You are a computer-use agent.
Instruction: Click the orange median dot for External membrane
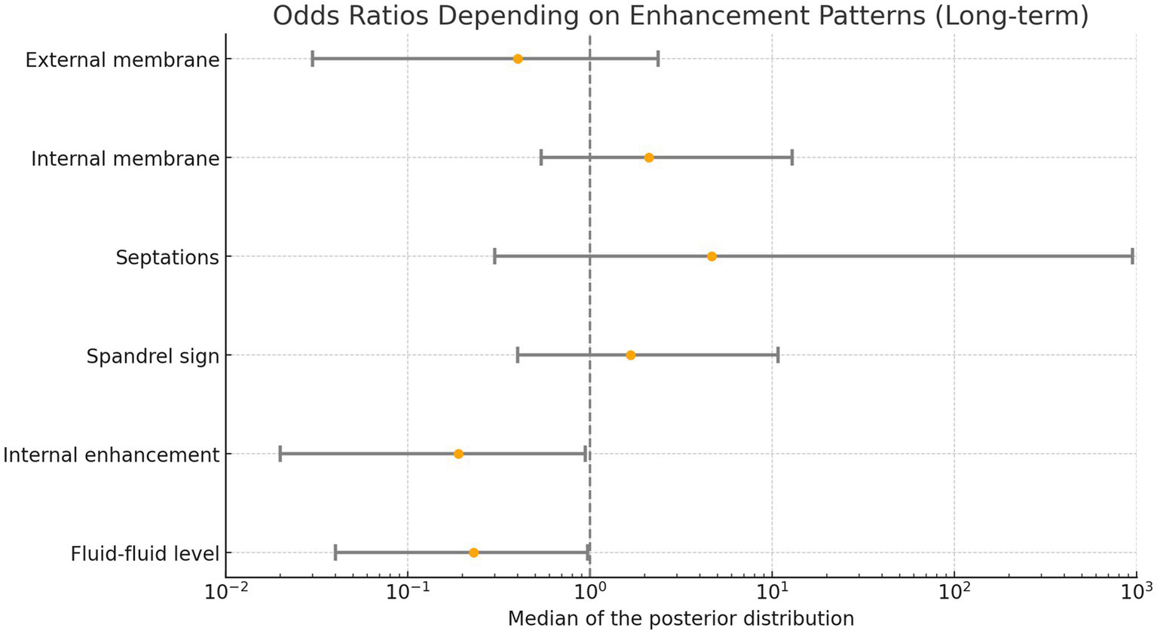(x=518, y=59)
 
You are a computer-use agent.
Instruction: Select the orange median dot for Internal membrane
(x=649, y=158)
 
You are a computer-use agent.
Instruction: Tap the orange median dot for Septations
(x=712, y=256)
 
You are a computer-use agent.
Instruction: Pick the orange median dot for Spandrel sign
(x=631, y=355)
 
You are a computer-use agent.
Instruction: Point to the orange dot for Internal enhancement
(x=458, y=454)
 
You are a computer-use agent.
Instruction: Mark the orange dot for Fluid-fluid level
(x=473, y=553)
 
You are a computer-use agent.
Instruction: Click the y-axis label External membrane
(x=122, y=60)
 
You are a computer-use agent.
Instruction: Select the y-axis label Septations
(x=167, y=257)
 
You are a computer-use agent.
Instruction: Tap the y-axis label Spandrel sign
(x=152, y=356)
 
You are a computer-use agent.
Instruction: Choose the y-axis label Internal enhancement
(x=111, y=455)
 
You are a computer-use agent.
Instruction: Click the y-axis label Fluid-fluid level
(x=145, y=554)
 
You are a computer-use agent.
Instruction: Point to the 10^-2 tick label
(x=225, y=592)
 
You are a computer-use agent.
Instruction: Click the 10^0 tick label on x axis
(x=589, y=592)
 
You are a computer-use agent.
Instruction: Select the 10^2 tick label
(x=954, y=592)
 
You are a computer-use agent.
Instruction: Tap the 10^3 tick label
(x=1135, y=592)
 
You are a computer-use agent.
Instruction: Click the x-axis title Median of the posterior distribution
(x=681, y=619)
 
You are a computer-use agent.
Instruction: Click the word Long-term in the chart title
(x=1010, y=15)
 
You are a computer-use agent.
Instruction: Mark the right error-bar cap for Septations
(x=1132, y=256)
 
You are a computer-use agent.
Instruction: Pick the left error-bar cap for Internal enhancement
(x=280, y=454)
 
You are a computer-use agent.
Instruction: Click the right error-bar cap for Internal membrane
(x=792, y=158)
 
